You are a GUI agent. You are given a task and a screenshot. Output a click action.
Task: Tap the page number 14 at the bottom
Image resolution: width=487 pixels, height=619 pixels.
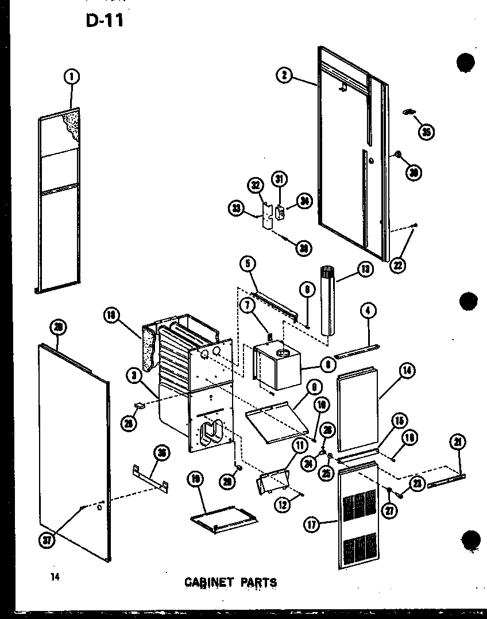tap(55, 576)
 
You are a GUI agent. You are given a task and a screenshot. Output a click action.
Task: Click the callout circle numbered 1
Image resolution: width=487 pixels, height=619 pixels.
tap(72, 76)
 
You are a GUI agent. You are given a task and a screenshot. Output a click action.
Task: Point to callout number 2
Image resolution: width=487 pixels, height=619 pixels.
tap(284, 75)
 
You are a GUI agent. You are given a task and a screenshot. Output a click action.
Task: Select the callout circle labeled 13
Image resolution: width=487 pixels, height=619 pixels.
tap(364, 268)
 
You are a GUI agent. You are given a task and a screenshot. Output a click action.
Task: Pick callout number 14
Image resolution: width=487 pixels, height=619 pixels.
tap(408, 371)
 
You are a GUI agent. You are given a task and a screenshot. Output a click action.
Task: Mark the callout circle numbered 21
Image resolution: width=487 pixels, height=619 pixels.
tap(458, 442)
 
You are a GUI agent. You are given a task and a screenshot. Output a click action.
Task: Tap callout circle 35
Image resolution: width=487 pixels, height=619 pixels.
tap(426, 132)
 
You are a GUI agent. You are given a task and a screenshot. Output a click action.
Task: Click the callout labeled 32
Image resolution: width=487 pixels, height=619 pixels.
tap(256, 184)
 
